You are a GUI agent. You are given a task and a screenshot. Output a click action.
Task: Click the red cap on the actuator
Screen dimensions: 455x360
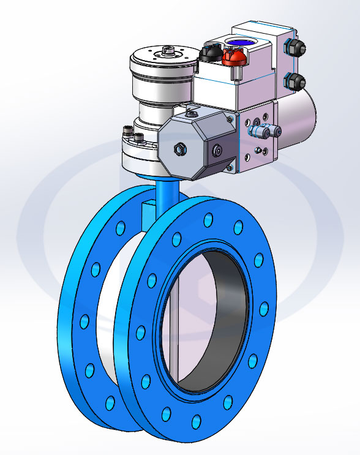[x=234, y=58]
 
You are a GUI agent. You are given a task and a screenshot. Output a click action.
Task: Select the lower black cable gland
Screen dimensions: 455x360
[x=294, y=80]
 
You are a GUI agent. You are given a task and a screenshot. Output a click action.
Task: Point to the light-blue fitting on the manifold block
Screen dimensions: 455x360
[x=261, y=130]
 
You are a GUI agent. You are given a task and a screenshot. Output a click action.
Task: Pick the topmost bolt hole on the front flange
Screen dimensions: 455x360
[x=209, y=220]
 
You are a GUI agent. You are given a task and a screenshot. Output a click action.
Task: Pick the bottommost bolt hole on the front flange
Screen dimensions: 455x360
[x=196, y=421]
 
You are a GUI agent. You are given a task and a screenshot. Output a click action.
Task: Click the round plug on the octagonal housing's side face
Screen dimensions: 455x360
[x=216, y=149]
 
